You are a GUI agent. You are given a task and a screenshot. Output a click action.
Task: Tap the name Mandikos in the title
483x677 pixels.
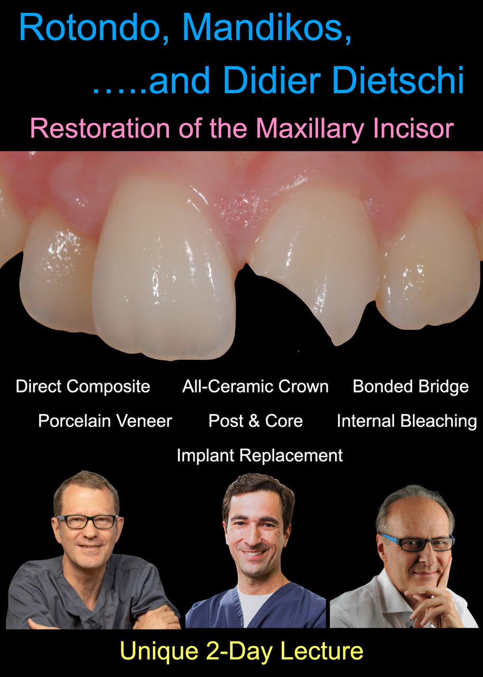coord(267,26)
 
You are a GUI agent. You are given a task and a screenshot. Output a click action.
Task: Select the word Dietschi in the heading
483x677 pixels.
coord(398,79)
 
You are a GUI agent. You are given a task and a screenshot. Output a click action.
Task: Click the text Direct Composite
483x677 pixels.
coord(83,387)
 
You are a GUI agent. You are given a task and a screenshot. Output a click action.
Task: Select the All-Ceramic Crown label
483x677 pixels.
coord(255,386)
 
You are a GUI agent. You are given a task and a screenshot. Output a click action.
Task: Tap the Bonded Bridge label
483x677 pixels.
coord(411,387)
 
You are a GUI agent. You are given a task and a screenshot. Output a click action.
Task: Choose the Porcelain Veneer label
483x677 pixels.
coord(105,420)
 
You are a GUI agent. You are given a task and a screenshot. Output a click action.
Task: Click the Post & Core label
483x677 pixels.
coord(255,420)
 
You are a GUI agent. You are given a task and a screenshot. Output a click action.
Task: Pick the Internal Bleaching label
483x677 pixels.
coord(407,422)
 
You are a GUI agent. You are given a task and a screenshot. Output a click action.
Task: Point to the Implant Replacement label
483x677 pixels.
coord(259,455)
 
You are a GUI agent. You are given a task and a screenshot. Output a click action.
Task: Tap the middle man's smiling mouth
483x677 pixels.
coord(254,554)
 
